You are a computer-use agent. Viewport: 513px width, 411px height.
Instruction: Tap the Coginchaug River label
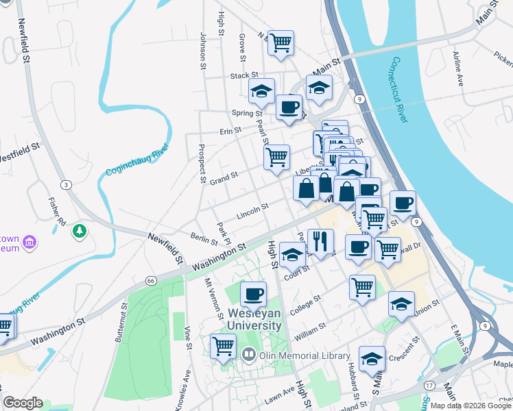pos(137,162)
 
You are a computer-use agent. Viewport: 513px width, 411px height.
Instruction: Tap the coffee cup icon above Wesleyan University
pos(253,295)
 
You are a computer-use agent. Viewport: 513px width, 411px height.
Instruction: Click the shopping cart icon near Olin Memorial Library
pos(223,347)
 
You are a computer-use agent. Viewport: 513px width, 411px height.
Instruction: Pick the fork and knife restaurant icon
pos(320,241)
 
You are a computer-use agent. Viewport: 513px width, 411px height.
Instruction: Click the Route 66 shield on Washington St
pos(152,280)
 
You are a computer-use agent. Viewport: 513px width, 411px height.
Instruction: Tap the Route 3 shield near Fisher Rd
pos(66,185)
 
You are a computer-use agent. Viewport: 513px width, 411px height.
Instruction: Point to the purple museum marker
pos(29,242)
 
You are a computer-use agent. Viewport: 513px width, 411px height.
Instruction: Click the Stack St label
pos(244,75)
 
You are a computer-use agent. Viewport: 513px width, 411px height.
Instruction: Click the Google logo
pos(23,403)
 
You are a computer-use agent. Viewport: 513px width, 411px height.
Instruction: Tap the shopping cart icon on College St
pos(362,288)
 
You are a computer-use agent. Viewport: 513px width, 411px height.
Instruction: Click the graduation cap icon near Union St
pos(401,304)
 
